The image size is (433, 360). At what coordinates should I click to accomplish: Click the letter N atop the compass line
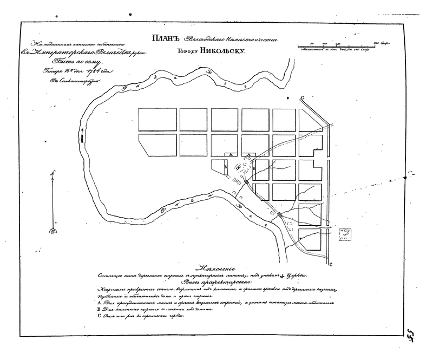[x=52, y=173]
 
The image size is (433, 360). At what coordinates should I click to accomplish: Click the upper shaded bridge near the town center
[x=247, y=182]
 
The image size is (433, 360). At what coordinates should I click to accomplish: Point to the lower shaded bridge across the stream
[x=279, y=215]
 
